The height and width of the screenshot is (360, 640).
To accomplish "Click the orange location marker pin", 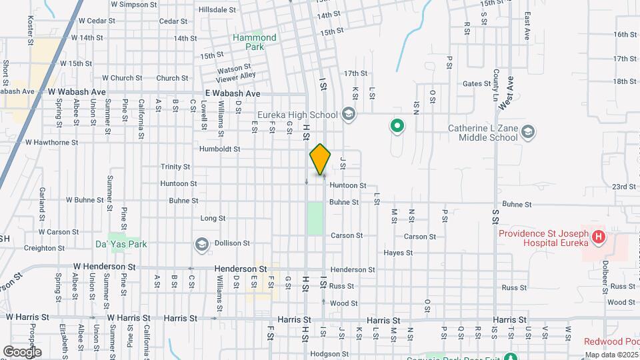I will pos(320,159).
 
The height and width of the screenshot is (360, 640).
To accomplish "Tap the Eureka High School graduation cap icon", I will pos(347,113).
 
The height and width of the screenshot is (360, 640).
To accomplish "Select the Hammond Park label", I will pos(254,42).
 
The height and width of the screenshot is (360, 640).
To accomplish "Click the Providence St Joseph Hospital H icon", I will pos(599,236).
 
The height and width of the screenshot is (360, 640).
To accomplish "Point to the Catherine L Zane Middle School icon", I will pos(528,131).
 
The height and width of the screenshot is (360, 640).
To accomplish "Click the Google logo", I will pos(22,351).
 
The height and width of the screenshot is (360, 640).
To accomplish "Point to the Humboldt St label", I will pos(219,149).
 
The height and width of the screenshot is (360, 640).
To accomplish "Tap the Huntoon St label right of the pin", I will pos(348,185).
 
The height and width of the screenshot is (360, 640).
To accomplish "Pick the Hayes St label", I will pos(399,253).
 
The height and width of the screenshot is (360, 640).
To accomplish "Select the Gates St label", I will pos(477,84).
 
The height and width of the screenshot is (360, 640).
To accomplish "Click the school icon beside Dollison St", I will pos(201,245).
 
